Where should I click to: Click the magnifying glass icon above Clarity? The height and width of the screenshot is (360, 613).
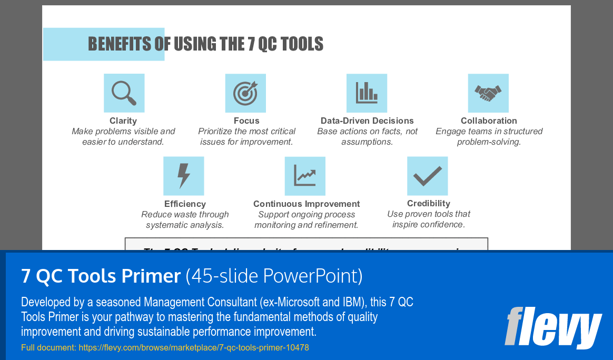(x=124, y=93)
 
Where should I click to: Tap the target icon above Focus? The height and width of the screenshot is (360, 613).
(x=245, y=93)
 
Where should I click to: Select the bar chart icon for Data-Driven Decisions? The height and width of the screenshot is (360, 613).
(x=367, y=93)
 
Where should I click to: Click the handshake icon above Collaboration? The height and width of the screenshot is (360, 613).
(x=488, y=93)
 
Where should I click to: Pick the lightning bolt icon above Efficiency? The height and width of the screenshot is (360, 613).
(x=184, y=176)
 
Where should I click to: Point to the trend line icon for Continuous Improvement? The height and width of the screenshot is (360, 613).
(x=305, y=176)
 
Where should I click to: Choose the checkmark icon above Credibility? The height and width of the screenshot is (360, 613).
(x=427, y=176)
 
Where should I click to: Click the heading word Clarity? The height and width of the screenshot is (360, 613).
(x=123, y=121)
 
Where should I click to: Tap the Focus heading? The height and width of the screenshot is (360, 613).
(x=246, y=121)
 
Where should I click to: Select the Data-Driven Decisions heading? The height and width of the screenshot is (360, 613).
(x=367, y=121)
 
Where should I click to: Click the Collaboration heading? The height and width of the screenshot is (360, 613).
(x=489, y=121)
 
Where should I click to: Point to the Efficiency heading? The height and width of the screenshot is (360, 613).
(x=185, y=204)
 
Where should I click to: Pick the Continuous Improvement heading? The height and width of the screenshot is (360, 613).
(x=306, y=204)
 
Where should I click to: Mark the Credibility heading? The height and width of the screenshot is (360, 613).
(x=429, y=203)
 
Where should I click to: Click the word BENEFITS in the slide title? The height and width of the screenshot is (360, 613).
(x=119, y=44)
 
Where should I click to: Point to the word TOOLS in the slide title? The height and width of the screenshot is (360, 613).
(x=302, y=44)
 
